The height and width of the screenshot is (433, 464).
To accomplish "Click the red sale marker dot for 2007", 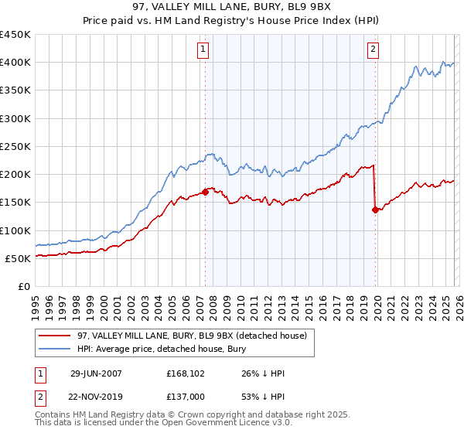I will point(205,192).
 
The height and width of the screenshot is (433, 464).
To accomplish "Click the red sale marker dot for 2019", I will point(375,209).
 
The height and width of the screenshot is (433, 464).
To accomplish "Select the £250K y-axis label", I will point(15,146).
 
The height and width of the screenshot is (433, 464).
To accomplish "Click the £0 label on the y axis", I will point(23,286).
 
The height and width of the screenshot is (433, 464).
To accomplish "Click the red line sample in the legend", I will point(55,336).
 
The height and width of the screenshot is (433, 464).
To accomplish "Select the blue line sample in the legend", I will point(55,348).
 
